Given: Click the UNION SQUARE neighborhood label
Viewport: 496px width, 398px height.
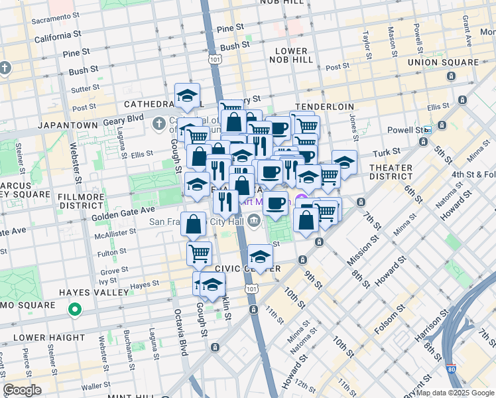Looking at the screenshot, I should (x=443, y=62).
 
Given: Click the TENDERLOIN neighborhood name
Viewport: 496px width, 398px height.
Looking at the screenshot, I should (x=325, y=107).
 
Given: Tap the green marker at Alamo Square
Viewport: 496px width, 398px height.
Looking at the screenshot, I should (x=76, y=309).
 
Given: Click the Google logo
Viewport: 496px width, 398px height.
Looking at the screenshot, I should (x=22, y=390).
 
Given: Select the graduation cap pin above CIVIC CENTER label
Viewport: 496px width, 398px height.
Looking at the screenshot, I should (x=261, y=256).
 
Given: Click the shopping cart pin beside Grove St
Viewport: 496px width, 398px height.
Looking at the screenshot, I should (x=199, y=252).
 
